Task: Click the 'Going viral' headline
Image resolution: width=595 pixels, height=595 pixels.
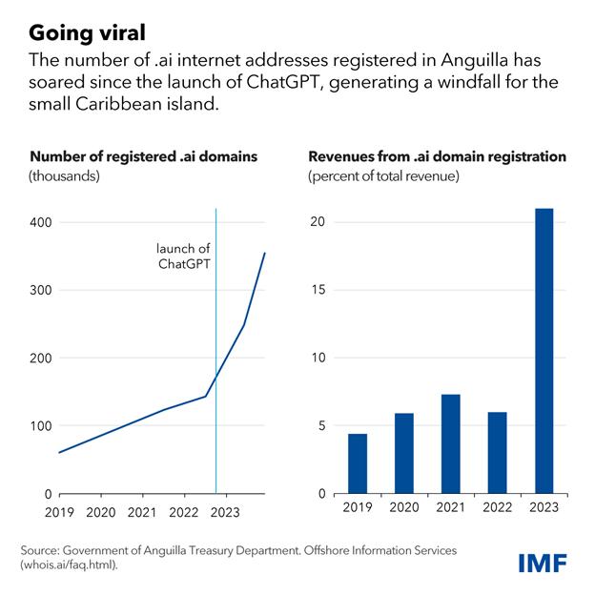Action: click(90, 32)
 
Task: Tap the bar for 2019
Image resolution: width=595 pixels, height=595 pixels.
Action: click(358, 463)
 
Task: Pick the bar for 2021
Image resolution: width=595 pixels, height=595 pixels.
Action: click(451, 443)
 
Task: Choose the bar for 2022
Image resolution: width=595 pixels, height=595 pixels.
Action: click(497, 453)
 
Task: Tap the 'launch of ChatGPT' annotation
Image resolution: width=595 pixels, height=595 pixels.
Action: click(183, 256)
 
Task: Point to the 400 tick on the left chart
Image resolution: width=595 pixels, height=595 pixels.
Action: click(41, 222)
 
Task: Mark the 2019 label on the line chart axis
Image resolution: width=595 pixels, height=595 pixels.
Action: click(59, 512)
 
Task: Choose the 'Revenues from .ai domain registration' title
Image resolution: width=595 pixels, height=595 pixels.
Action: click(436, 155)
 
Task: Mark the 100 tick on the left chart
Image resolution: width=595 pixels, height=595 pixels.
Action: click(41, 425)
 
